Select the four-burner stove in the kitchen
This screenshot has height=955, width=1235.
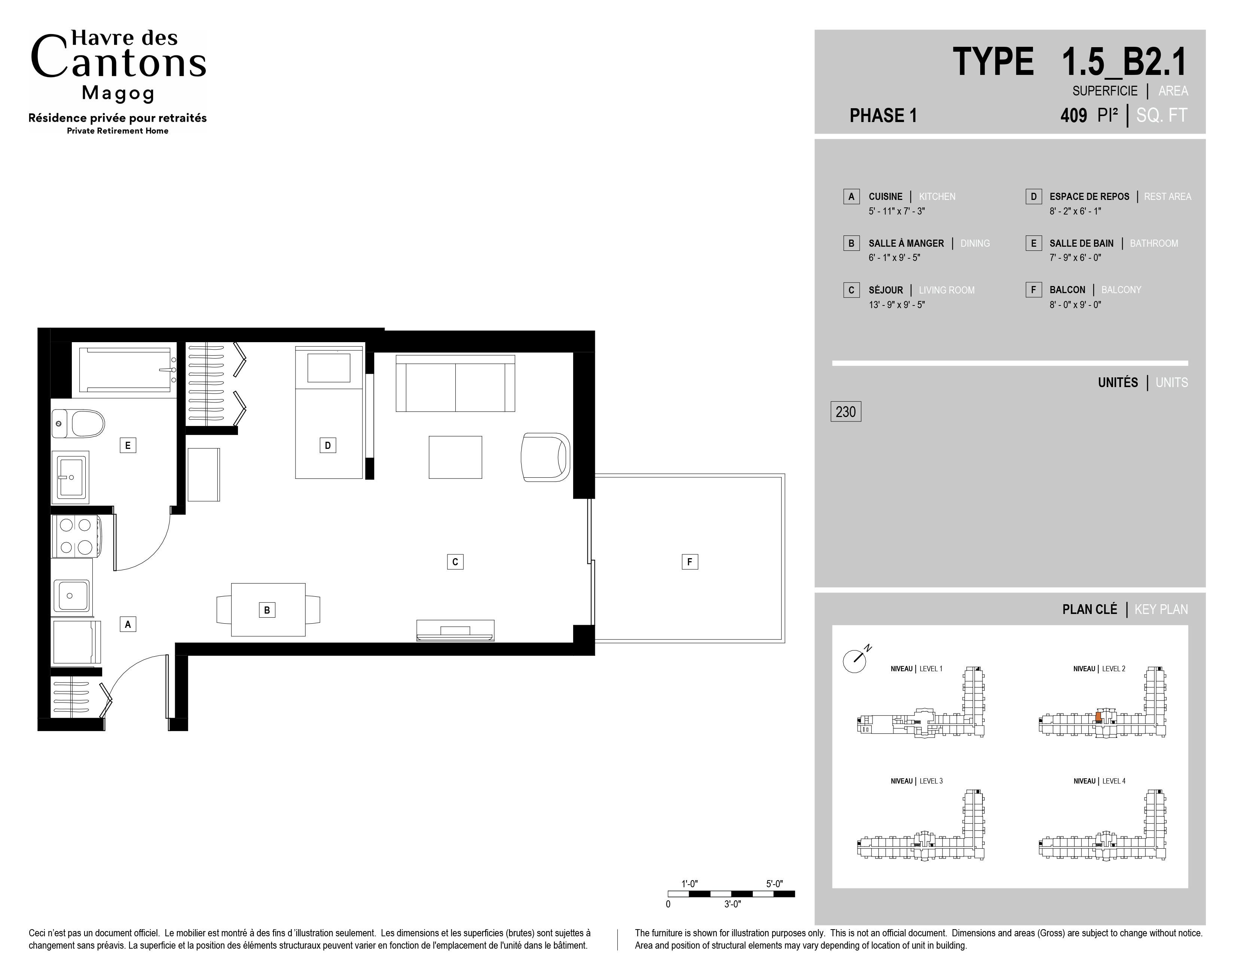pos(76,535)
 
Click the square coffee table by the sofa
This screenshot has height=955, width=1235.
pos(455,457)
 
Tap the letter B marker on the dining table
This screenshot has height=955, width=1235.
pos(267,610)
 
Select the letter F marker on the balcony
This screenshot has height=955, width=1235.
pos(689,562)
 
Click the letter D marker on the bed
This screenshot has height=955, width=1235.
pos(327,445)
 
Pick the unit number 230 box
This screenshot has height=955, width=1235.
pos(846,411)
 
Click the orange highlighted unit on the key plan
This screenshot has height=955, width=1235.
pos(1098,716)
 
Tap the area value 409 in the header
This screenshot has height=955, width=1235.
pos(1074,115)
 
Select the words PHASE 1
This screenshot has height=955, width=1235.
pos(883,115)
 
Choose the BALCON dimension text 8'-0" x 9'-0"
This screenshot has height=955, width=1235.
pos(1075,304)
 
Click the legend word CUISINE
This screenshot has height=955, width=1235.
pos(886,196)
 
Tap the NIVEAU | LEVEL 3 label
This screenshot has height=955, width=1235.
pos(917,781)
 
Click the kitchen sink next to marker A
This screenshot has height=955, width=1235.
pos(71,596)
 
